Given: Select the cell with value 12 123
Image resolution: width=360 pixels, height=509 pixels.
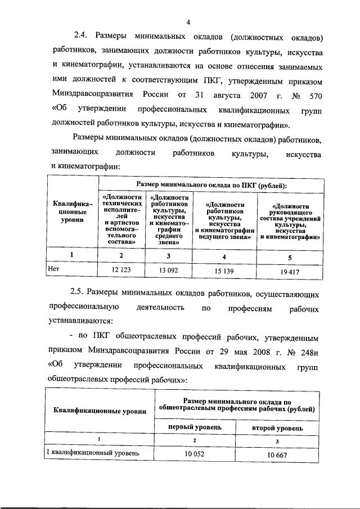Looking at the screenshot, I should (x=121, y=269).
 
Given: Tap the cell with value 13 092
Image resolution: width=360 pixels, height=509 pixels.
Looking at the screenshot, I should (x=169, y=269).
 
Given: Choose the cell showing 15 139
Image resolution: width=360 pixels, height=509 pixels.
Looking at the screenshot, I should (x=225, y=270).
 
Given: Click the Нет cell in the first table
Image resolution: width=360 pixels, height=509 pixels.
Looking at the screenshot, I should (x=54, y=269).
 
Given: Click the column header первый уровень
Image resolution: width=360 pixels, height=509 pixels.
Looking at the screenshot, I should (x=187, y=427).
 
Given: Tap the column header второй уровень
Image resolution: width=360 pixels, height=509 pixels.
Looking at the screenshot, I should (x=277, y=428).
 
